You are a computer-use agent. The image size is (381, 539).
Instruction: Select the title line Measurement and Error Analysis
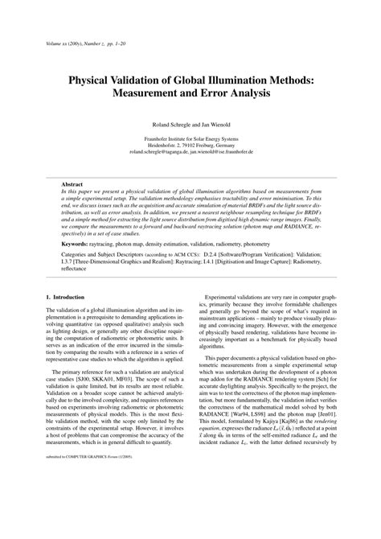click(x=190, y=94)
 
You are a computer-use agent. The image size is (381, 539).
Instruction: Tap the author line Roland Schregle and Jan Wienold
click(x=190, y=126)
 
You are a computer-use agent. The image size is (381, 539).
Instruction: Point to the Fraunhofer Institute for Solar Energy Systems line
click(x=190, y=138)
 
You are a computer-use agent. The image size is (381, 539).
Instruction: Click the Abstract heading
click(x=73, y=183)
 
